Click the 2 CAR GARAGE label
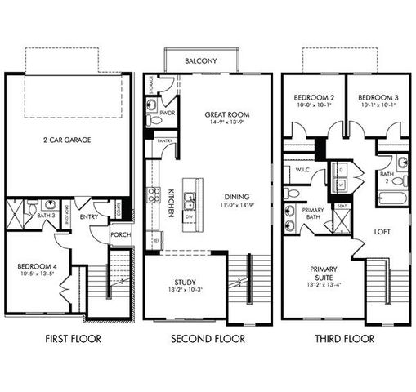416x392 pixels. click(x=67, y=140)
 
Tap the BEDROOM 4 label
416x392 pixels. click(x=38, y=266)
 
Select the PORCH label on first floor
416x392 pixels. click(x=119, y=235)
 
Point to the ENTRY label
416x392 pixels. click(x=88, y=218)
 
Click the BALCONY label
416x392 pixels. click(x=200, y=61)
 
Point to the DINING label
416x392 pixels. click(x=237, y=196)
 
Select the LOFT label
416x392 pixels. click(x=382, y=231)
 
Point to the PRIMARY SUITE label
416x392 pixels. click(x=324, y=273)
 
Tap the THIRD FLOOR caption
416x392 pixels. click(x=343, y=339)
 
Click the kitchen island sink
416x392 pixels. click(x=190, y=198)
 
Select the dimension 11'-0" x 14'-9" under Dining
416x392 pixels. click(x=237, y=205)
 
